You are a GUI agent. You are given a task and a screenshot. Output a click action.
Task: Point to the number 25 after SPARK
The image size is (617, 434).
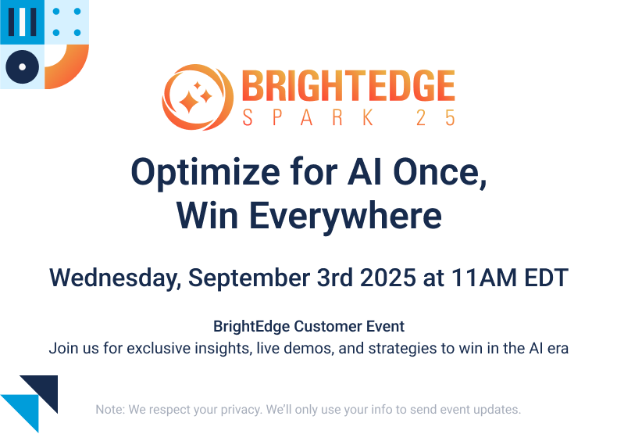(436, 118)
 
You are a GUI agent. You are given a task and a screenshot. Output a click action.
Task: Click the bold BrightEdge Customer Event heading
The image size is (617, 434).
(308, 326)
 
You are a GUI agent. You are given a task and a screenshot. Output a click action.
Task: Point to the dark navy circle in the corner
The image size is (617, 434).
(22, 67)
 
